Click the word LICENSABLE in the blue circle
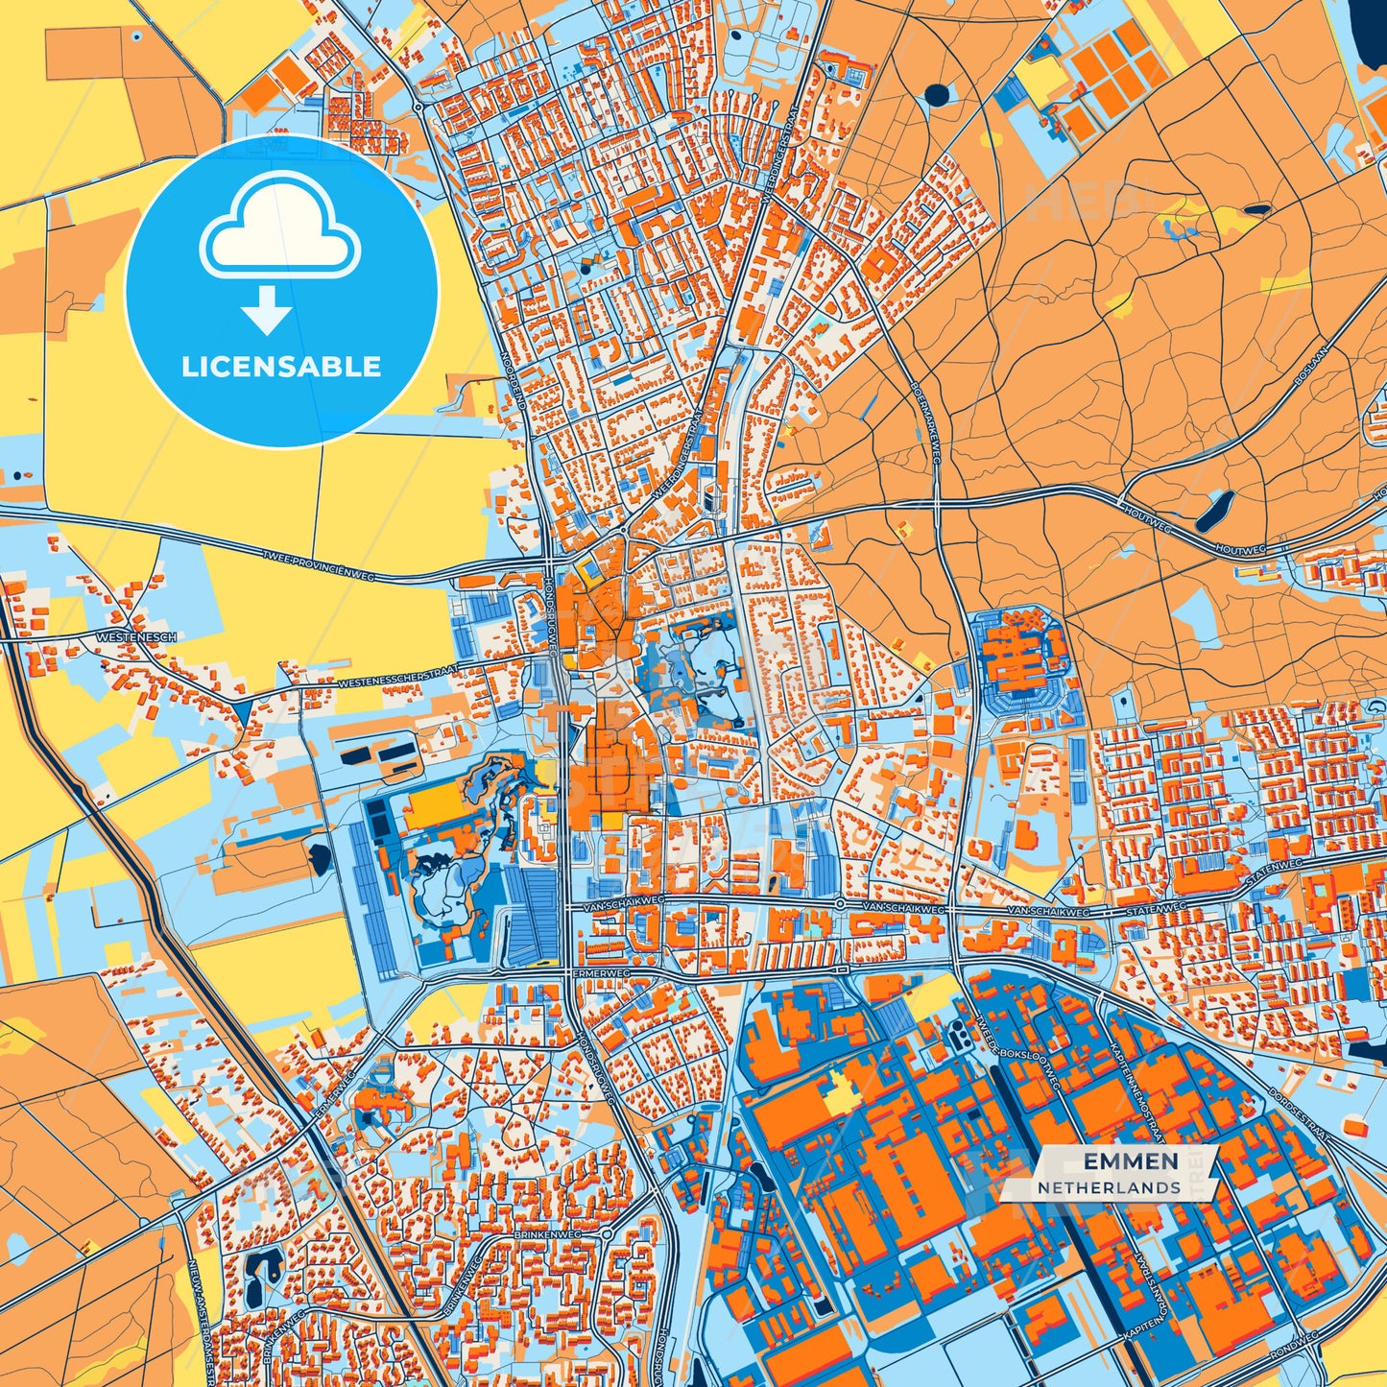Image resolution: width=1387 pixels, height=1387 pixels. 281,367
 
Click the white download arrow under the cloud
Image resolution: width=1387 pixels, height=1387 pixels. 267,309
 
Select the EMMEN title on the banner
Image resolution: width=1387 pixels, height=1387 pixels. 1131,1161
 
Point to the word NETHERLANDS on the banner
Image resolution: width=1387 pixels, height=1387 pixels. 1109,1187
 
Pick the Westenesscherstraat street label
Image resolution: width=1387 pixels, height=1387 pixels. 397,677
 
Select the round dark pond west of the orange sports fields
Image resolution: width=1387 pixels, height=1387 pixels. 936,94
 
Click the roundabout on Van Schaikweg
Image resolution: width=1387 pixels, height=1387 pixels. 840,904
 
